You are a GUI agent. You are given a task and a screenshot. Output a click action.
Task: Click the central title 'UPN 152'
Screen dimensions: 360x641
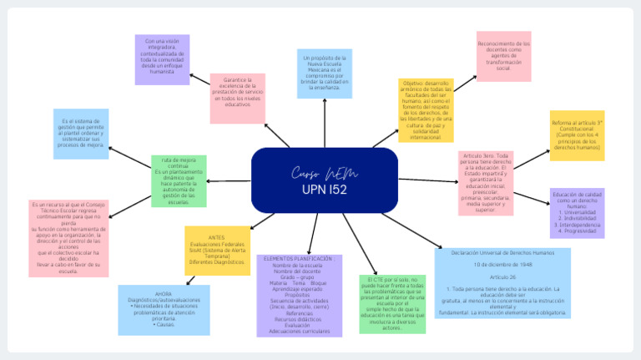point(324,190)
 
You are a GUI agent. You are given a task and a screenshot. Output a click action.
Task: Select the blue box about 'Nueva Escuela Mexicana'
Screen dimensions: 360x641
point(325,74)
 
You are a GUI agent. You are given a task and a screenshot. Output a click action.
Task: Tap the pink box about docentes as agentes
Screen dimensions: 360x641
point(503,56)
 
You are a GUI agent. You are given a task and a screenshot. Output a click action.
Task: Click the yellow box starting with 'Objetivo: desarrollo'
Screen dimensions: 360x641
point(426,110)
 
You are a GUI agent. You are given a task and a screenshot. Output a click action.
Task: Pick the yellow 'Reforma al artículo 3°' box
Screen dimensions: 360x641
point(577,134)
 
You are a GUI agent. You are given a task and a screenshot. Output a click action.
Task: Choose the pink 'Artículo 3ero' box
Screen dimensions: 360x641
point(486,182)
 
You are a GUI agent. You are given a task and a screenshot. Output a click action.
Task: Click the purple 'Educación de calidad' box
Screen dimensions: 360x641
point(577,213)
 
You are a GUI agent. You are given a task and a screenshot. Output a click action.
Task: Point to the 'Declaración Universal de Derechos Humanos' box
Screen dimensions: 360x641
point(502,251)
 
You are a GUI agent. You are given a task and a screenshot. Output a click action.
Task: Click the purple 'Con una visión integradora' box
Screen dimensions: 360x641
point(162,58)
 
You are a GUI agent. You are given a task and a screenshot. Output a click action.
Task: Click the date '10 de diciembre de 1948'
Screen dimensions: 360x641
point(502,264)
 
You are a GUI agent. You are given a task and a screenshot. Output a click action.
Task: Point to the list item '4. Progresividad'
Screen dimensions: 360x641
point(577,231)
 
